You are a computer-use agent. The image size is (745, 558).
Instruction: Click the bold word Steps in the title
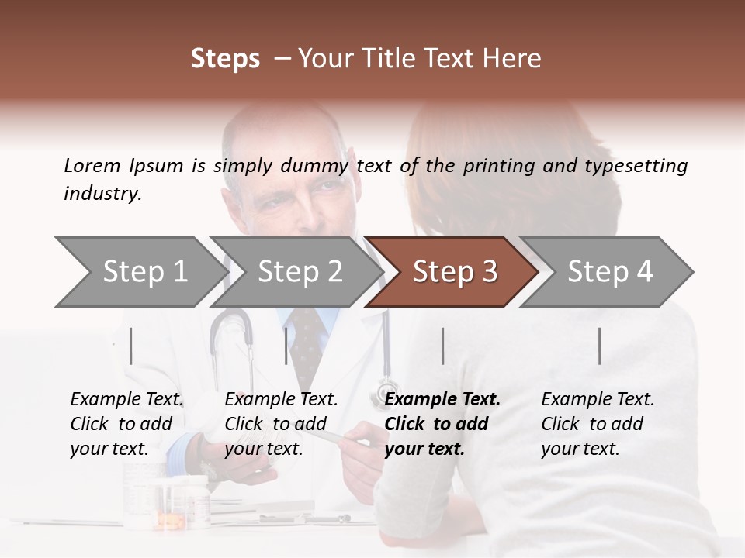tap(225, 59)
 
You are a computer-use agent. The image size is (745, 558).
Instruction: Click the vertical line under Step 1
tap(131, 346)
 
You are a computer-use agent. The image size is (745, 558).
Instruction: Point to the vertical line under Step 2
tap(286, 346)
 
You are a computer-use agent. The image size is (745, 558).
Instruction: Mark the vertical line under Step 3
tap(442, 346)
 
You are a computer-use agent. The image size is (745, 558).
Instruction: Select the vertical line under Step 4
tap(599, 346)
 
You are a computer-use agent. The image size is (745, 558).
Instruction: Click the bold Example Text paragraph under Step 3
tap(442, 424)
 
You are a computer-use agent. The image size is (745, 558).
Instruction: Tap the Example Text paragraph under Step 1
tap(126, 424)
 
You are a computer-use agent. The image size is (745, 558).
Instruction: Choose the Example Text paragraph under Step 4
tap(598, 424)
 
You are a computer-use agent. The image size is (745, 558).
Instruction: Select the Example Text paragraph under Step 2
tap(281, 424)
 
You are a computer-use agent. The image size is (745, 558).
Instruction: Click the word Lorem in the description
tap(92, 166)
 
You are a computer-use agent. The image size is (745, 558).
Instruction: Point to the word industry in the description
tap(102, 194)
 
